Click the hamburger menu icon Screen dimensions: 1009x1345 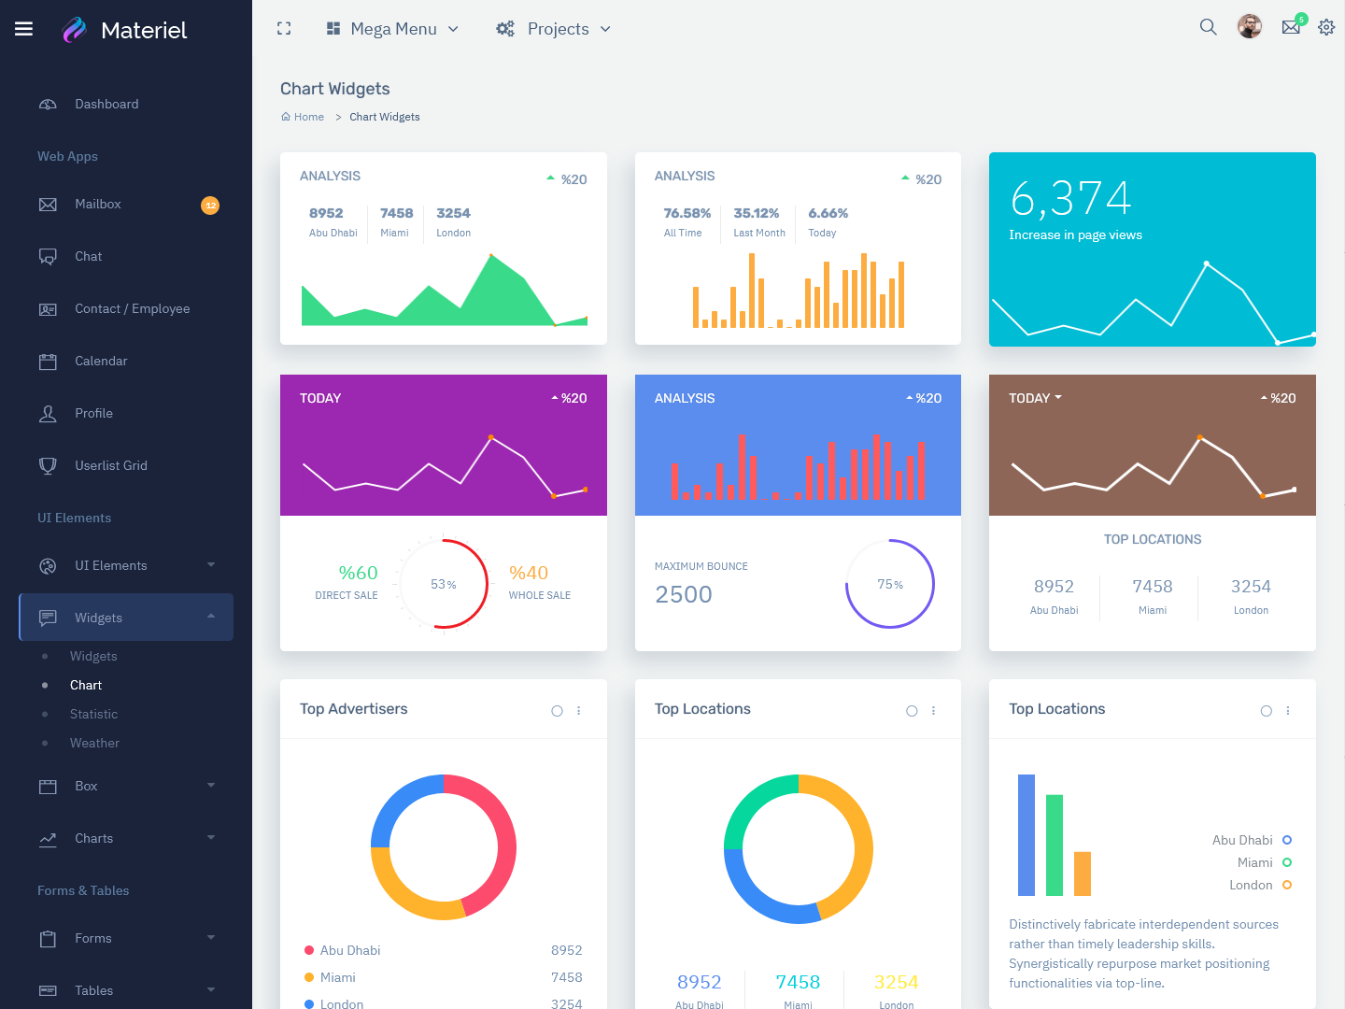(24, 29)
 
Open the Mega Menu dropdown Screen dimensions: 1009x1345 (392, 29)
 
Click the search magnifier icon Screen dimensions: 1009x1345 (1208, 27)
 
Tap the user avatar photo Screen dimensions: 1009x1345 (1250, 27)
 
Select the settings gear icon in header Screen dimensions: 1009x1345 (1326, 28)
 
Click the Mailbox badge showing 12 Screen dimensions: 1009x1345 (210, 206)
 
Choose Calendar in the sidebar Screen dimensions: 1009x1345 (101, 362)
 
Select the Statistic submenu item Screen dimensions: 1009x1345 (93, 715)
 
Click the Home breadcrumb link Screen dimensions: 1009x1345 (308, 118)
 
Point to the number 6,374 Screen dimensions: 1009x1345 (1070, 198)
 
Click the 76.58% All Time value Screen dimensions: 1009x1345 (687, 214)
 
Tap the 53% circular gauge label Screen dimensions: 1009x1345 (444, 585)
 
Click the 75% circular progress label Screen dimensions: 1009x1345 (890, 585)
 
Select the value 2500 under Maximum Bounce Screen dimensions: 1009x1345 (684, 595)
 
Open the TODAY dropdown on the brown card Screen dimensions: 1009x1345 (1035, 399)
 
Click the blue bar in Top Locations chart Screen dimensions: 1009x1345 (1026, 835)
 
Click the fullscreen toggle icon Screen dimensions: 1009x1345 (284, 29)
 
